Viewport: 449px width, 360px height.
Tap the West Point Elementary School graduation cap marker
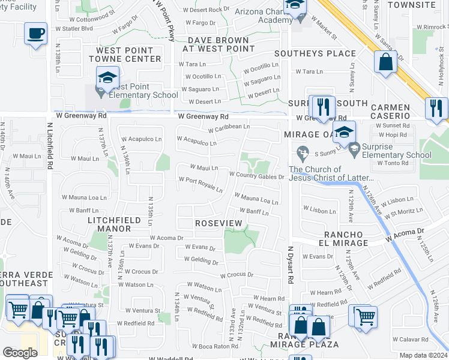click(107, 77)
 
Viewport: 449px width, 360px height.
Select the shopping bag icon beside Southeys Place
click(385, 61)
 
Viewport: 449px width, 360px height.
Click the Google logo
click(20, 353)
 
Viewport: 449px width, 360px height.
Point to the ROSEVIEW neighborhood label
click(218, 223)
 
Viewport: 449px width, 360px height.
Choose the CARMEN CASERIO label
click(390, 112)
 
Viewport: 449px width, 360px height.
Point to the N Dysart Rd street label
click(290, 264)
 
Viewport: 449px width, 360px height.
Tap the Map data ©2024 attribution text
click(423, 355)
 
